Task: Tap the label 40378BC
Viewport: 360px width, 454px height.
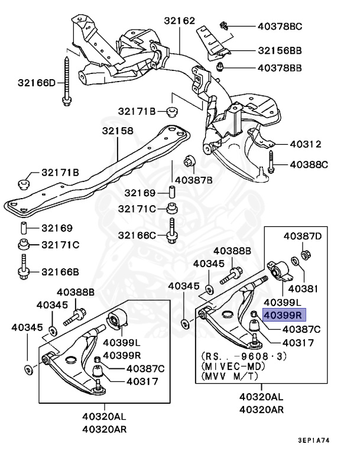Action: tap(280, 26)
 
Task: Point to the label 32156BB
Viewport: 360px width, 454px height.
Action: tap(280, 51)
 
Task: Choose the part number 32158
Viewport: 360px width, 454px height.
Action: tap(117, 131)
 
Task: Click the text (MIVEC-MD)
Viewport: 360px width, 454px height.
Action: tap(232, 366)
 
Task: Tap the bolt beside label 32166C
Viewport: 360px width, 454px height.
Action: tap(172, 231)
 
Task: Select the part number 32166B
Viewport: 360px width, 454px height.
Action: tap(60, 272)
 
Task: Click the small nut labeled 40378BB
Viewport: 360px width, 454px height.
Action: tap(219, 66)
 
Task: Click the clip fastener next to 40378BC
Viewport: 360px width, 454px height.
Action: tap(224, 25)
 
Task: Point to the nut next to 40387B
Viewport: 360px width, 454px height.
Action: tap(190, 160)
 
